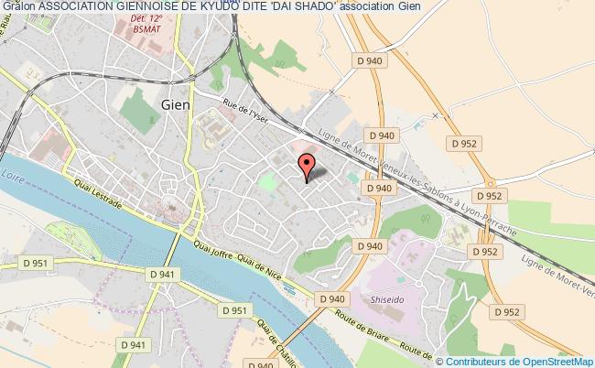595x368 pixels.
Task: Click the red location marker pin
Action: coord(307,166)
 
